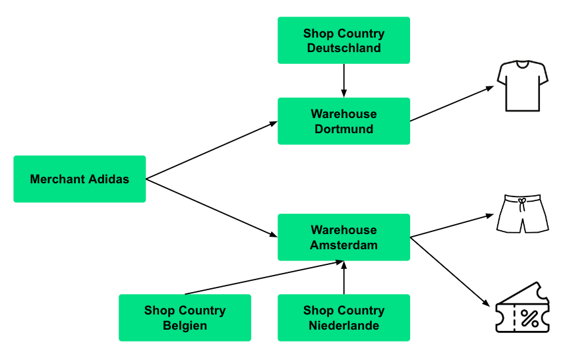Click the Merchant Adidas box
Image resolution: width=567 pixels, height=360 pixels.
[79, 179]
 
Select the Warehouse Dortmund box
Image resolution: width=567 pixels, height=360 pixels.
[343, 121]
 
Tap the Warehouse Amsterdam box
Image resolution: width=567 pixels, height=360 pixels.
[343, 237]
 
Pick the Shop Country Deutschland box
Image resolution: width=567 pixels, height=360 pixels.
[343, 40]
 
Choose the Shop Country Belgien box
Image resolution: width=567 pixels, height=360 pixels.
[185, 318]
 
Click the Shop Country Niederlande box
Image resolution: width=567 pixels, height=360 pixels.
[343, 318]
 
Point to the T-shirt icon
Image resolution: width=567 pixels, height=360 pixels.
[523, 86]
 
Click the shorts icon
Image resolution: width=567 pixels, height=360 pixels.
[522, 214]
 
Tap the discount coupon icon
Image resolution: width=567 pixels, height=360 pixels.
[522, 308]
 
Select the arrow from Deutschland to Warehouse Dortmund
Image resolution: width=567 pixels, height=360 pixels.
[343, 80]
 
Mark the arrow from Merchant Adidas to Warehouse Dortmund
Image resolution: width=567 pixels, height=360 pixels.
[211, 150]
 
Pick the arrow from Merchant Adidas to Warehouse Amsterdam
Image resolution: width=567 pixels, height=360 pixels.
[211, 208]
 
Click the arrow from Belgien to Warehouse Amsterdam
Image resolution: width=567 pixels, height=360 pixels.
[264, 278]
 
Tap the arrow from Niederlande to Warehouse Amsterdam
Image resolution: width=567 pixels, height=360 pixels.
[343, 278]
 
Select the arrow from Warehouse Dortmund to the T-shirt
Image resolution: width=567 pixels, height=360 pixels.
[452, 104]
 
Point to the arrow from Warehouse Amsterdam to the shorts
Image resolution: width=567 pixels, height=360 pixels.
[452, 225]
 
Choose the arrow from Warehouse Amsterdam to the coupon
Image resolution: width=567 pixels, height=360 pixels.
[452, 272]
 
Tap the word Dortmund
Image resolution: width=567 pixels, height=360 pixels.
[343, 129]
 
